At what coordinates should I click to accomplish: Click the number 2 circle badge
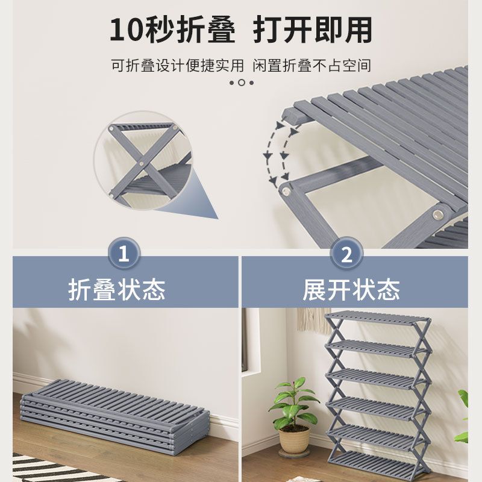pos(346,255)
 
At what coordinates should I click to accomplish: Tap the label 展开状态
pos(351,290)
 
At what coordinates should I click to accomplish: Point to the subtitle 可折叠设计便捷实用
pos(177,65)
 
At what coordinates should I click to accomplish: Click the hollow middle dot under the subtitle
pos(241,83)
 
